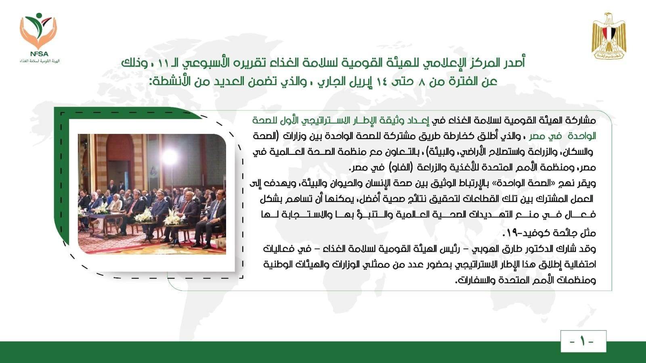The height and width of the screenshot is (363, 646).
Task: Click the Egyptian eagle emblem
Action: click(x=609, y=36)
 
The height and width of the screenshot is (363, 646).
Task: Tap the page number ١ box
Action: click(x=583, y=341)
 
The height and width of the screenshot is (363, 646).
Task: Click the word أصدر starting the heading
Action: click(x=510, y=63)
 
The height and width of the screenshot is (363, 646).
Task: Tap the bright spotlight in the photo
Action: click(x=170, y=157)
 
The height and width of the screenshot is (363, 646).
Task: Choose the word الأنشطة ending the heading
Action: click(x=168, y=81)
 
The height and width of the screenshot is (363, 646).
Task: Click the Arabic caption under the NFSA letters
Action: click(x=39, y=61)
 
